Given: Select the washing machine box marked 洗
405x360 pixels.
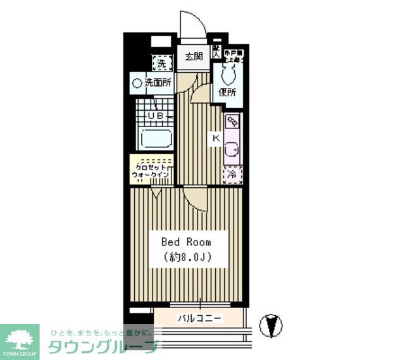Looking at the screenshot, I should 161,63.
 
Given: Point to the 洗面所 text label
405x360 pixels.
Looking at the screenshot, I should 158,82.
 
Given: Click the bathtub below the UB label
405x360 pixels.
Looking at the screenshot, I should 156,139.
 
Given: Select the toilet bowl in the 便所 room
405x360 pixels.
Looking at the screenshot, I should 228,74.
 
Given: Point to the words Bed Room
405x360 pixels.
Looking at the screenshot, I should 186,242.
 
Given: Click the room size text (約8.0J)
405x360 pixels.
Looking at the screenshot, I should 186,258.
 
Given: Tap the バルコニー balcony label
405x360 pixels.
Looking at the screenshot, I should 199,318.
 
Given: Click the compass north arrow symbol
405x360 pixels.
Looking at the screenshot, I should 272,325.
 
